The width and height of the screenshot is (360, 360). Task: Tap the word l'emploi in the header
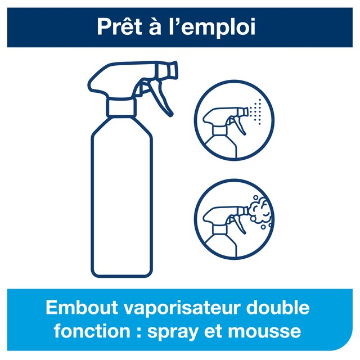pyautogui.click(x=213, y=28)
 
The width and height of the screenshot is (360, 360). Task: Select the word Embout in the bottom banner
pyautogui.click(x=82, y=307)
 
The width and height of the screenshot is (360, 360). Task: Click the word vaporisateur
pyautogui.click(x=182, y=308)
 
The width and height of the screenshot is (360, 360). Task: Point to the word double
pyautogui.click(x=278, y=307)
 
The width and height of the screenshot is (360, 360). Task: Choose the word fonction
pyautogui.click(x=92, y=331)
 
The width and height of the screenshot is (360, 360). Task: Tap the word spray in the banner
pyautogui.click(x=173, y=332)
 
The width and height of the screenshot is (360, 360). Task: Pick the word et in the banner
pyautogui.click(x=213, y=331)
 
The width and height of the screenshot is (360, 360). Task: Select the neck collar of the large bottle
pyautogui.click(x=121, y=107)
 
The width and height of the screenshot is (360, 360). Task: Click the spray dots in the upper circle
pyautogui.click(x=255, y=112)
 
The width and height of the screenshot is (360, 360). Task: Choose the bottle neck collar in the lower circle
pyautogui.click(x=220, y=229)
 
